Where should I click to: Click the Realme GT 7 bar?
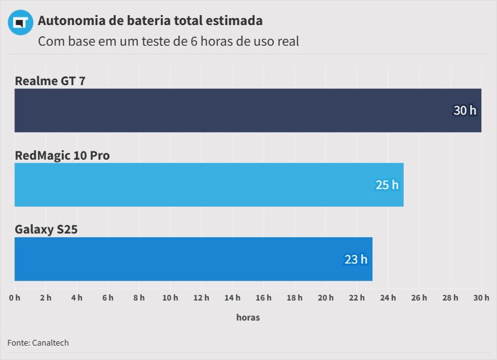tap(248, 110)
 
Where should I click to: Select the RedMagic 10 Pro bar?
tap(209, 185)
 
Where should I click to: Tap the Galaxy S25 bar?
tap(193, 259)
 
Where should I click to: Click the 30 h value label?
tap(464, 111)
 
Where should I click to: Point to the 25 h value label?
tap(387, 185)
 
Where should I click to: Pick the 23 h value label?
tap(356, 259)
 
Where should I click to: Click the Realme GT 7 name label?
tap(50, 81)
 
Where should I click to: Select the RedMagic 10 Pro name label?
tap(62, 155)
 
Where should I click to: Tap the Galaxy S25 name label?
tap(46, 229)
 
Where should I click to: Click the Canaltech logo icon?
tap(20, 23)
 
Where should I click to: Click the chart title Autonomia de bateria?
tap(150, 21)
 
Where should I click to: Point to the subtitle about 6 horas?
tap(168, 42)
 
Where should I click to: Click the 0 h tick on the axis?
tap(14, 297)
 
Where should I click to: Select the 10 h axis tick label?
tap(170, 297)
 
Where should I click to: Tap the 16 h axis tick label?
tap(264, 297)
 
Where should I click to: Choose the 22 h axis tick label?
tap(357, 297)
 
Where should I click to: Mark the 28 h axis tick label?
tap(450, 297)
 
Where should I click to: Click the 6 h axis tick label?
tap(108, 297)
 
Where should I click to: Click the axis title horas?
tap(248, 317)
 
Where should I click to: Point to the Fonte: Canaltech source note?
tap(38, 342)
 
